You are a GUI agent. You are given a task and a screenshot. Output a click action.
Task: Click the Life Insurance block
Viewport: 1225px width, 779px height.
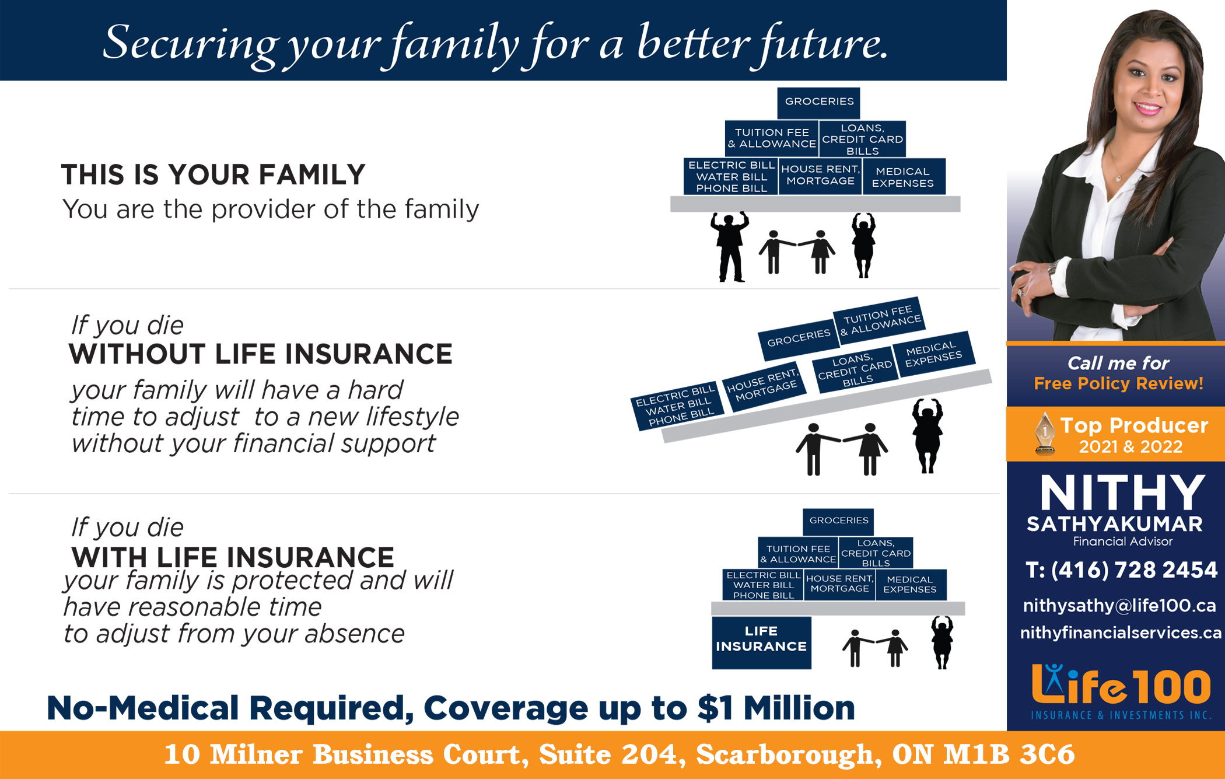[x=761, y=642]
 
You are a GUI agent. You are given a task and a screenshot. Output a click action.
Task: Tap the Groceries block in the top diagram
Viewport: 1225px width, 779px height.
[x=818, y=103]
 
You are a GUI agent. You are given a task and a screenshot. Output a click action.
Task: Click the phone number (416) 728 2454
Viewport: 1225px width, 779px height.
[x=1122, y=570]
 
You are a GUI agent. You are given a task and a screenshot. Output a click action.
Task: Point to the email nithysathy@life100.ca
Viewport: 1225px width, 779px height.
[x=1119, y=606]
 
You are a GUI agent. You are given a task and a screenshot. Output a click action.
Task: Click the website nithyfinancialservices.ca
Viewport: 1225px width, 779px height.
[x=1121, y=633]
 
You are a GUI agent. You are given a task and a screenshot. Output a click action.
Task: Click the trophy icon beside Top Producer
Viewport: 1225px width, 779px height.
[x=1044, y=432]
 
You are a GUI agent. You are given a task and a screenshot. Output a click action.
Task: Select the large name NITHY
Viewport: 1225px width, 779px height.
[x=1122, y=493]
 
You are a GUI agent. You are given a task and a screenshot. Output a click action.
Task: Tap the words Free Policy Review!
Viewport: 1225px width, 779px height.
[x=1118, y=383]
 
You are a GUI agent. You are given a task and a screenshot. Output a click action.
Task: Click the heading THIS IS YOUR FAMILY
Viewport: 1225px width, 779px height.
[x=213, y=174]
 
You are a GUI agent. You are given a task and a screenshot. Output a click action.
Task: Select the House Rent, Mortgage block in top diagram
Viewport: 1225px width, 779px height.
[x=820, y=176]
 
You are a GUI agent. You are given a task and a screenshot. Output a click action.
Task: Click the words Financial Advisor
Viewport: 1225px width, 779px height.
[x=1122, y=542]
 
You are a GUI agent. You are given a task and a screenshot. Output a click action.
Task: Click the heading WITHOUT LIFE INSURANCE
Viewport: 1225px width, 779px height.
[x=261, y=354]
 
